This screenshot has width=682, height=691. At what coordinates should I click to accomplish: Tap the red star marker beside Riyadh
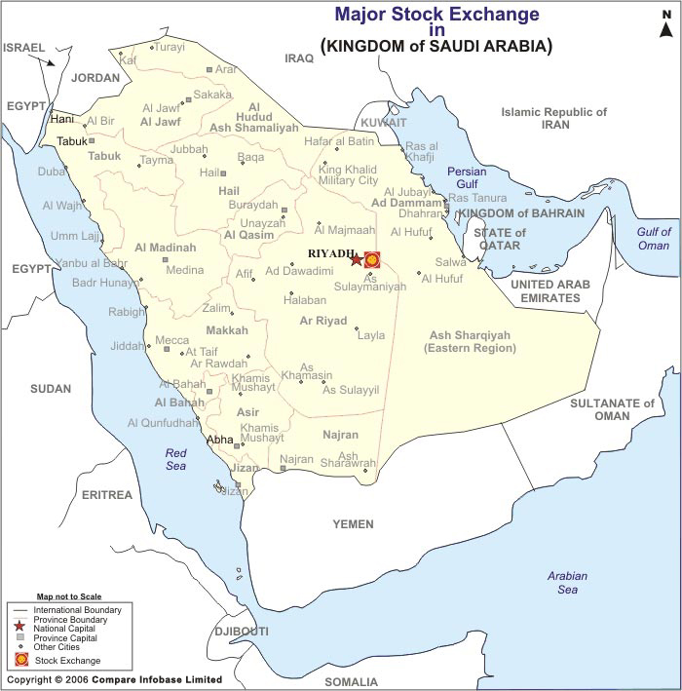click(x=357, y=260)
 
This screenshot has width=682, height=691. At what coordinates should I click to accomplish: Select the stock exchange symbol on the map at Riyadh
click(x=371, y=260)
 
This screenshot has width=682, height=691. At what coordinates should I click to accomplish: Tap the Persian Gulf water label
click(x=466, y=177)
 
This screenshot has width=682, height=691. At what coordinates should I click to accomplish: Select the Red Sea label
click(x=175, y=459)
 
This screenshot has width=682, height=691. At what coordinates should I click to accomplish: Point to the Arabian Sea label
click(x=567, y=583)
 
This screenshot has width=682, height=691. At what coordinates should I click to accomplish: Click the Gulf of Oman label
click(x=654, y=238)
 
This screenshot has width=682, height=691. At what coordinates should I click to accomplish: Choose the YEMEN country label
click(x=353, y=524)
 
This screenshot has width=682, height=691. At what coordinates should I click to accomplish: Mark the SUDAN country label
click(x=51, y=389)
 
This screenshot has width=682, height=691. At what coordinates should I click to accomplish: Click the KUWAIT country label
click(x=383, y=123)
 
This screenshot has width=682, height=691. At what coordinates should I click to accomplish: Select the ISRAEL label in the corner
click(x=24, y=47)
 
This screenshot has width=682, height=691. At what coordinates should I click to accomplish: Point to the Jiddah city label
click(x=127, y=346)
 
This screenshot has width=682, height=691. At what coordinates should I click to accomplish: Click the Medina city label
click(x=184, y=270)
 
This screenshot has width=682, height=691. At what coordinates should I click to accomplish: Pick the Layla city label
click(x=371, y=335)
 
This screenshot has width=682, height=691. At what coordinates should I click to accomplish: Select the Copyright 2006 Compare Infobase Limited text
click(x=115, y=679)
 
